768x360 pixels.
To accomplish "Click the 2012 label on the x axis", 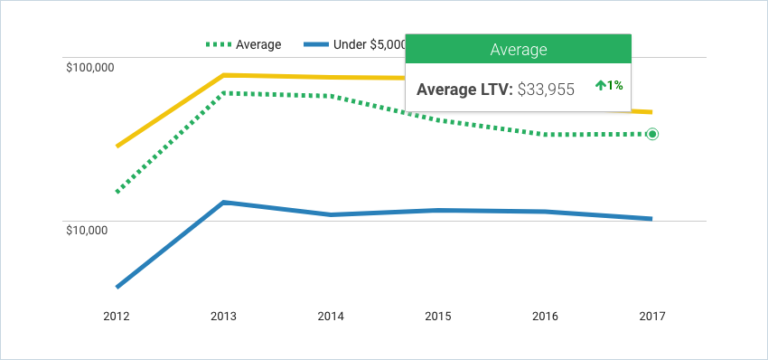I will pyautogui.click(x=117, y=316).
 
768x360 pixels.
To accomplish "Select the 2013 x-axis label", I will pyautogui.click(x=224, y=316).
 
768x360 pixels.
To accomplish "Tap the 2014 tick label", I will pyautogui.click(x=331, y=316).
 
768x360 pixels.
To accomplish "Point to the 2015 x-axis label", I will pyautogui.click(x=438, y=316).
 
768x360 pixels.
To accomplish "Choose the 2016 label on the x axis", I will pyautogui.click(x=545, y=316).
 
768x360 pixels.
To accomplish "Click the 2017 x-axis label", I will pyautogui.click(x=652, y=316).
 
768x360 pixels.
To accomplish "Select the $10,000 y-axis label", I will pyautogui.click(x=91, y=230).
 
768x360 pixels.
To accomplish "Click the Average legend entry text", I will pyautogui.click(x=258, y=45).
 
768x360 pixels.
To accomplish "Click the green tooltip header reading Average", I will pyautogui.click(x=518, y=48).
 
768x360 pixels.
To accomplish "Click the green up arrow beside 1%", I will pyautogui.click(x=600, y=86).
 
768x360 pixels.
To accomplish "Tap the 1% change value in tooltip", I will pyautogui.click(x=615, y=86).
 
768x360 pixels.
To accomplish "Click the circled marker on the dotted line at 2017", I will pyautogui.click(x=652, y=134).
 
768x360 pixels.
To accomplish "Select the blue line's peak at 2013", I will pyautogui.click(x=224, y=202).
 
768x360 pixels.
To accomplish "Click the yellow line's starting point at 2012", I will pyautogui.click(x=118, y=146).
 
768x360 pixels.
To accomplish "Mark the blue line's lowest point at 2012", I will pyautogui.click(x=118, y=287).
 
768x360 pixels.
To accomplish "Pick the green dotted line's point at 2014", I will pyautogui.click(x=331, y=96).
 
